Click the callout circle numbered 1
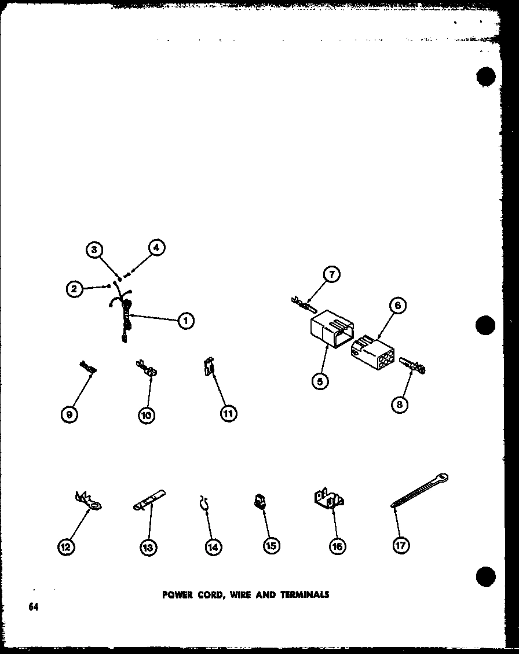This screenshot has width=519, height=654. click(x=185, y=320)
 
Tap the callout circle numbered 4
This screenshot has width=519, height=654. click(x=155, y=248)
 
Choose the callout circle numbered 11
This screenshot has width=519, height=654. click(x=228, y=413)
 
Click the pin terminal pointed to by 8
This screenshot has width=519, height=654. click(x=412, y=366)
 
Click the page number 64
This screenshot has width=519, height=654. click(x=32, y=607)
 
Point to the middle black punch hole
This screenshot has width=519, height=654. click(x=485, y=325)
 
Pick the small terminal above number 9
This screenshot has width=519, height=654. click(x=88, y=366)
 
